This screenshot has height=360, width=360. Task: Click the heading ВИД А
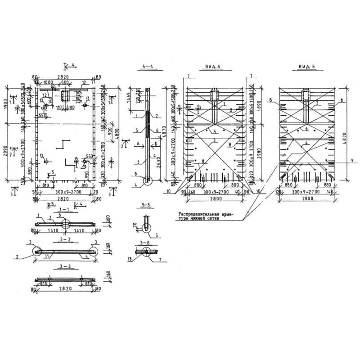[211, 67]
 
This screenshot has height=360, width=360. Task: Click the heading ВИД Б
[307, 67]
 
